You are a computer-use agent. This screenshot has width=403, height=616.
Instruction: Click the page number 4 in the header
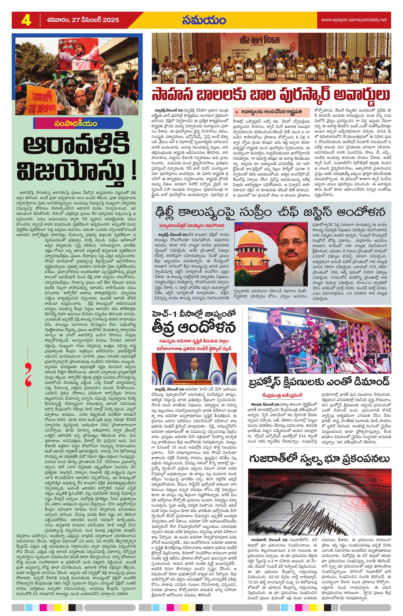[26, 20]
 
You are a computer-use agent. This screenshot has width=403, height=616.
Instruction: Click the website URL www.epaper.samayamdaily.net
[354, 20]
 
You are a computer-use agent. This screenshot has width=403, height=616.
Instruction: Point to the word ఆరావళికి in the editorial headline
[77, 146]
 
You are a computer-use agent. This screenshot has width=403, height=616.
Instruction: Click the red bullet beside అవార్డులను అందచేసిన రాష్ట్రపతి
[236, 112]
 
